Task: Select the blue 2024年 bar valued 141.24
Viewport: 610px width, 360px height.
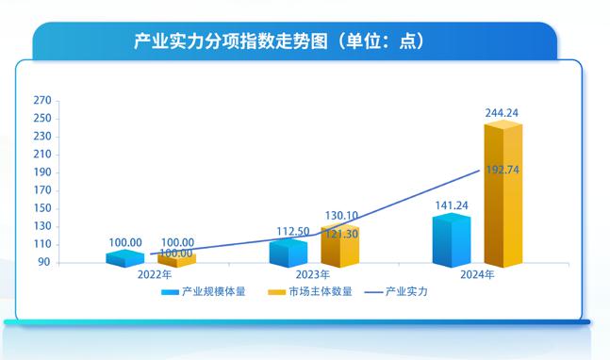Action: [451, 243]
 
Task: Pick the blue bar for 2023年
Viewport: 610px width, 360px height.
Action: [288, 254]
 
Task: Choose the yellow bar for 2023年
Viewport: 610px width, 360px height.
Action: [339, 247]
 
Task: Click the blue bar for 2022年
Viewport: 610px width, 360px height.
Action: [124, 258]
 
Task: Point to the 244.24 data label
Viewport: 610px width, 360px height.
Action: [503, 113]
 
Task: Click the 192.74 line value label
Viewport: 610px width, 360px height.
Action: [503, 171]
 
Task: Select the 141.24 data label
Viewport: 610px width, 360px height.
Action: [451, 205]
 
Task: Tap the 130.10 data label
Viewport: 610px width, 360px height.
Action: [339, 216]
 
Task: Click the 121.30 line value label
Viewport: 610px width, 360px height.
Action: [340, 233]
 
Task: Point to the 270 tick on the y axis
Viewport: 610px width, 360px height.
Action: [41, 100]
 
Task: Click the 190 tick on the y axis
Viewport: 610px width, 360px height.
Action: [41, 172]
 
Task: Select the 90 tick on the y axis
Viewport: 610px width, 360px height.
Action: [44, 263]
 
